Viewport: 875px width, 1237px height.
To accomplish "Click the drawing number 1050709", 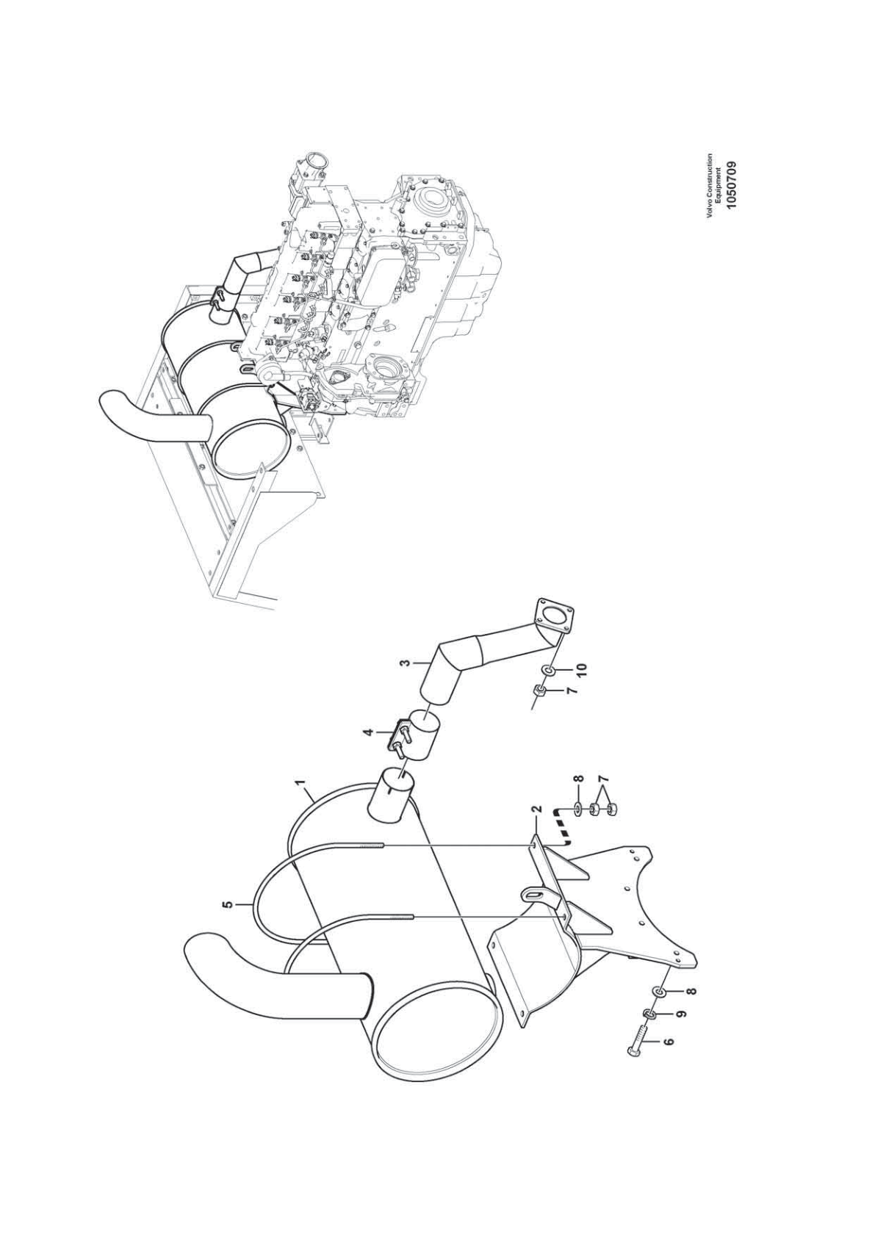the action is [732, 186].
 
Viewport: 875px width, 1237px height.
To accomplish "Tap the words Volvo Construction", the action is [710, 185].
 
